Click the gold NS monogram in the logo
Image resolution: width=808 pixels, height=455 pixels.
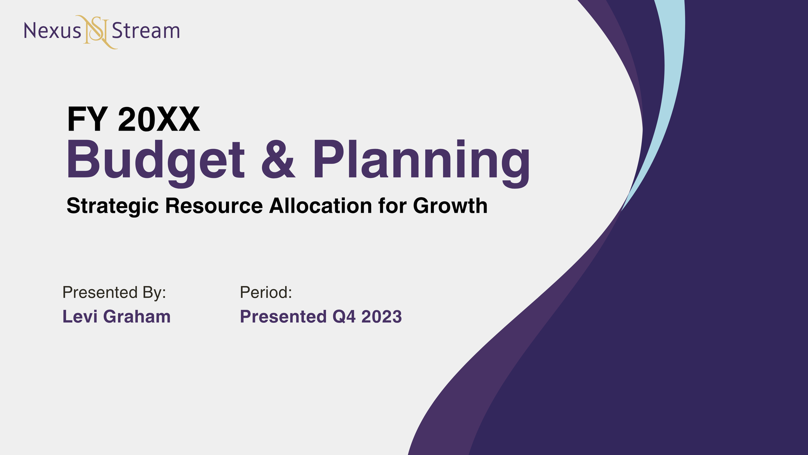pos(97,32)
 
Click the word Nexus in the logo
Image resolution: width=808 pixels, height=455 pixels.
pos(52,31)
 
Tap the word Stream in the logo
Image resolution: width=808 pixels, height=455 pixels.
pos(146,31)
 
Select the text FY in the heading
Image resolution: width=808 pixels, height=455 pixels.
pos(87,120)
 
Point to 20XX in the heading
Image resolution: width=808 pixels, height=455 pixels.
pos(159,120)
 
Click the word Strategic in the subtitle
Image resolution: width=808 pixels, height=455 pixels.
pos(112,206)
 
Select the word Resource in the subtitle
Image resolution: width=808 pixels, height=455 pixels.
pos(214,206)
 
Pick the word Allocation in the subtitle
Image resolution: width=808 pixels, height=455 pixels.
pos(320,206)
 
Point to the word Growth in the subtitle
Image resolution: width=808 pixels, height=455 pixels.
pos(450,206)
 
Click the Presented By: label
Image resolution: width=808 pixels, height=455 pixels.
pos(114,292)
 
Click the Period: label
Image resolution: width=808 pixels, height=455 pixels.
pos(266,292)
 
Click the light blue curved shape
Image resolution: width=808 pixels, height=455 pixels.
pos(669,84)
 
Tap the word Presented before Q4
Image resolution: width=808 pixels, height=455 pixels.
pos(283,317)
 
